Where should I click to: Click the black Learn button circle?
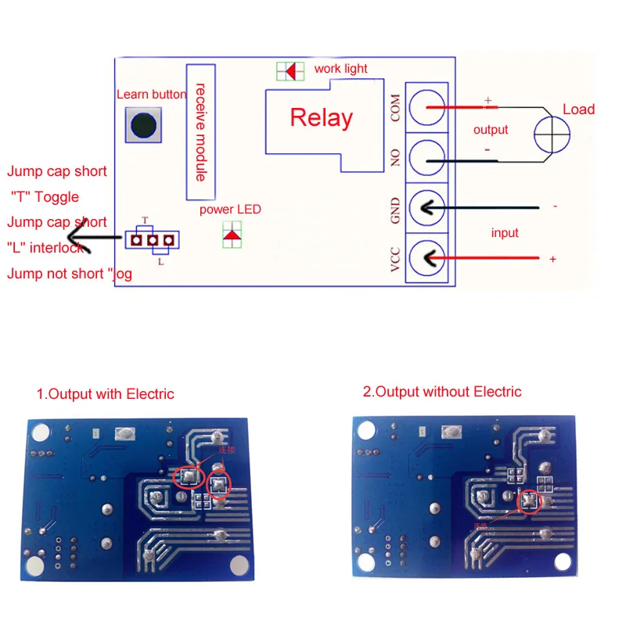[143, 125]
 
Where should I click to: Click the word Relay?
[321, 118]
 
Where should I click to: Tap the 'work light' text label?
[340, 69]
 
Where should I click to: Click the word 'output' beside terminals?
[491, 130]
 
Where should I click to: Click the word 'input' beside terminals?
[505, 232]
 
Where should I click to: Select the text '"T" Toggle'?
[45, 197]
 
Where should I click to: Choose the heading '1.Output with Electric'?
[105, 394]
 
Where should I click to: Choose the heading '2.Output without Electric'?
[441, 392]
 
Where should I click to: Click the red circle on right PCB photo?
[528, 501]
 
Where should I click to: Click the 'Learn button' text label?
[151, 95]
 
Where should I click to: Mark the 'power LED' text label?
[230, 210]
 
